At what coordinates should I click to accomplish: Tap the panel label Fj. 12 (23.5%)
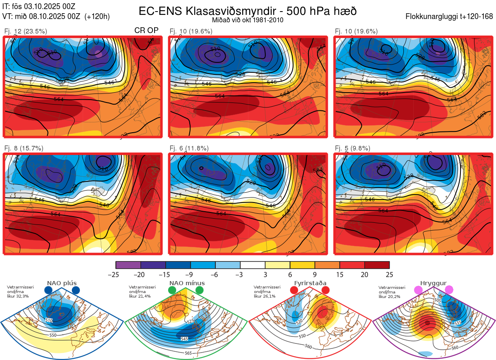[26, 31]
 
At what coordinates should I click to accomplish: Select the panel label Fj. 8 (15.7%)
[24, 148]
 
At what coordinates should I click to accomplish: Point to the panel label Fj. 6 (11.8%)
[189, 148]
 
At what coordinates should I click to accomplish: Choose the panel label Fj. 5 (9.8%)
[353, 148]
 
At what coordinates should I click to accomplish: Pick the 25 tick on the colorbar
[389, 274]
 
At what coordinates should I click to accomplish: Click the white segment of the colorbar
[253, 265]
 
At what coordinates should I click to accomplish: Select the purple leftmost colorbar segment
[128, 265]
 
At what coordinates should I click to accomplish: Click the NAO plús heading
[62, 283]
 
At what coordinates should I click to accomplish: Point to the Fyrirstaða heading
[310, 283]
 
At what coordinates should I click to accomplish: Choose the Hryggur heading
[433, 283]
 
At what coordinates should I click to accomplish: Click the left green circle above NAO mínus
[172, 291]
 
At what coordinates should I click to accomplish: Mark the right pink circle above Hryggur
[449, 291]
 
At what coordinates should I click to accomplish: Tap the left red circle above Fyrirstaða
[294, 291]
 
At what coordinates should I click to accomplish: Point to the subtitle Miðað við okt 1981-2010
[248, 20]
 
